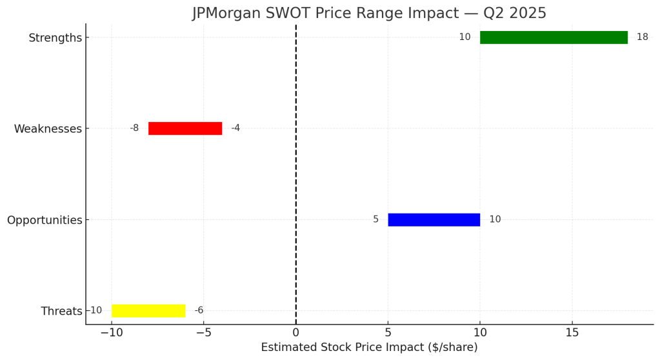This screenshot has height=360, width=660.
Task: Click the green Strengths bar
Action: pos(554,37)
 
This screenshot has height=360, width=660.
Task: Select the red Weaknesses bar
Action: pos(185,128)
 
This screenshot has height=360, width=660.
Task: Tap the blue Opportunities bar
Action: pos(434,219)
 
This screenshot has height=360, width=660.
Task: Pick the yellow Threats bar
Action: pos(148,310)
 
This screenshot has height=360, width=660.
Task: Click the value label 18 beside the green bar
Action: pos(642,37)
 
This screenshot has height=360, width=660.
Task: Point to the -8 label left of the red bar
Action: pos(134,128)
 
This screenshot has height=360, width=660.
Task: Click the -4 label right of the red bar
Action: pos(235,128)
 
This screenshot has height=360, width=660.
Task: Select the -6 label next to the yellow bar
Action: pos(199,310)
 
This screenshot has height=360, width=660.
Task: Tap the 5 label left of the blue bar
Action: pos(375,219)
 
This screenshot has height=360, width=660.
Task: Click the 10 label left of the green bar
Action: pos(465,37)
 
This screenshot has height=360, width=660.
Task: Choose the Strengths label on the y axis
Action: pos(55,38)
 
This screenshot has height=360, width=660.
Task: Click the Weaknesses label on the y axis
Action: pos(48,129)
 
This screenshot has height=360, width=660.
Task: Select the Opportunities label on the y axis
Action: pos(45,220)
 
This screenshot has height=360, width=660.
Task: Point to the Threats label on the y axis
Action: pos(61,311)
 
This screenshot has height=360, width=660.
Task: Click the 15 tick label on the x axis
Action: pos(572,333)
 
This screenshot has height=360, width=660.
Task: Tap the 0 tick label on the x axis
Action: pos(295,333)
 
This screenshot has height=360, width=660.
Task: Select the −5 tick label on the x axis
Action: pos(203,333)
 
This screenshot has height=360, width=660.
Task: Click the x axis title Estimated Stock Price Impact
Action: pos(369,348)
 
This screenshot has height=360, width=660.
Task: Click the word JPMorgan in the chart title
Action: pos(227,13)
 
